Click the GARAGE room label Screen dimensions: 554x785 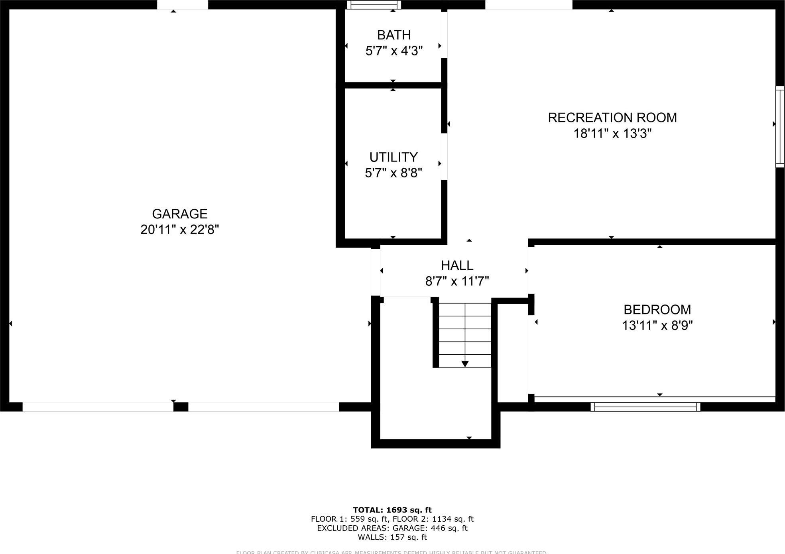(179, 214)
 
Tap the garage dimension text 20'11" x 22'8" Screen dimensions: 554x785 (179, 230)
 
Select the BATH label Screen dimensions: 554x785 (394, 35)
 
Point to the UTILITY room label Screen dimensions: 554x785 (393, 157)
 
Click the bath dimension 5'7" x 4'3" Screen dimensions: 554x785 (394, 51)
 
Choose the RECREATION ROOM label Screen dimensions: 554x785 (612, 118)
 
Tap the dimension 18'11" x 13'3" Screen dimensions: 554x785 (612, 134)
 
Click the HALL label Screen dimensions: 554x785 (457, 265)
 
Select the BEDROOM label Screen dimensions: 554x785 (657, 310)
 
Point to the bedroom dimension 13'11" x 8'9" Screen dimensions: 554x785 (657, 326)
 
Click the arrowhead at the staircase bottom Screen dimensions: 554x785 (465, 363)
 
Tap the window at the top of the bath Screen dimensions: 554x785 (374, 5)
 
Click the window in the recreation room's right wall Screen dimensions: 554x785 (780, 126)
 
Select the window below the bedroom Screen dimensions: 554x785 (645, 407)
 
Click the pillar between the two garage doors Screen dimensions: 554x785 (181, 407)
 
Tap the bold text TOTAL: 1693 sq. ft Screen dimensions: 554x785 (392, 510)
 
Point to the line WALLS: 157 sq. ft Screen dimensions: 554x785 (392, 537)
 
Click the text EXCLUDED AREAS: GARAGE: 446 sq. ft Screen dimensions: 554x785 (392, 528)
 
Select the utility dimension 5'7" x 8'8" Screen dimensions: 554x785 (393, 173)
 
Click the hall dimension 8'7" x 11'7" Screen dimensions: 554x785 (457, 281)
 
